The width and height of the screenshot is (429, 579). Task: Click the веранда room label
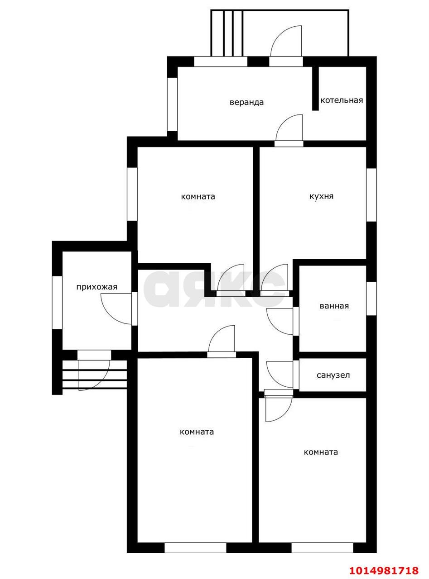point(246,102)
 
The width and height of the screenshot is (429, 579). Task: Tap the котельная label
point(342,100)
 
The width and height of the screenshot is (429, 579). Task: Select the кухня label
point(321,196)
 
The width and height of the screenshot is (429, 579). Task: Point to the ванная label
point(334,306)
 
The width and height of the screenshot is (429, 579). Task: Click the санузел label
point(333,375)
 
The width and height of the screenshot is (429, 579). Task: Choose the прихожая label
point(97,287)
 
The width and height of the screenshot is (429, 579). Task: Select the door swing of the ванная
point(280,321)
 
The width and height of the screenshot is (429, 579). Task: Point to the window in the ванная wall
point(371,299)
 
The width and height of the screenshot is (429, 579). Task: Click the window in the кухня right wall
point(371,195)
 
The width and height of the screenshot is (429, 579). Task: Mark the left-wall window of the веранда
point(172,104)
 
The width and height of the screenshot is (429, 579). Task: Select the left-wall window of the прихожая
point(57,303)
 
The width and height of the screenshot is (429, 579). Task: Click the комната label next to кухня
point(198,196)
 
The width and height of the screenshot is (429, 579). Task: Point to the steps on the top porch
point(227,33)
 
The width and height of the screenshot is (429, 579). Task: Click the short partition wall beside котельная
point(316,89)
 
